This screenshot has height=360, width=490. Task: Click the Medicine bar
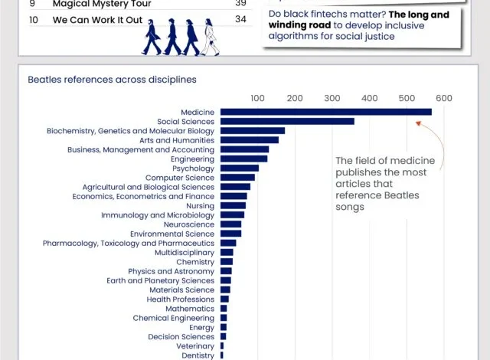(326, 112)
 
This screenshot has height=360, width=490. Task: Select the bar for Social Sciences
(287, 121)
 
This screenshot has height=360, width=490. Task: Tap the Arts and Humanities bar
(250, 140)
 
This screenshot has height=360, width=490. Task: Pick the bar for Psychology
(240, 168)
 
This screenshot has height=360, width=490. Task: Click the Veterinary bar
(222, 346)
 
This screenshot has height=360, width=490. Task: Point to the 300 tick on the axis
(332, 98)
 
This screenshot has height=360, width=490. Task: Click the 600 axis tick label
(444, 98)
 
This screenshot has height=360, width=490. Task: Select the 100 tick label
(257, 98)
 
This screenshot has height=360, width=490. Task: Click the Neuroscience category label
(189, 224)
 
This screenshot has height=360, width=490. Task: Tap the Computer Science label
(180, 178)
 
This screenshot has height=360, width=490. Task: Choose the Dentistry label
(198, 355)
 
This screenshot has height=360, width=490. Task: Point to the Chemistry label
(195, 262)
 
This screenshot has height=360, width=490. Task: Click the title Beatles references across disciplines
(112, 80)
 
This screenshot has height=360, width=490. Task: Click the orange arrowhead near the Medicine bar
(418, 123)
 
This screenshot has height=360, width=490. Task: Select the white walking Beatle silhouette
(210, 37)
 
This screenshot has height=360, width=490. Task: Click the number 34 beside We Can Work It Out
(240, 19)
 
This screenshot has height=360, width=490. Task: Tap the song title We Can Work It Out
(97, 20)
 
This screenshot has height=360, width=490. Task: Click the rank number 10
(34, 20)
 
